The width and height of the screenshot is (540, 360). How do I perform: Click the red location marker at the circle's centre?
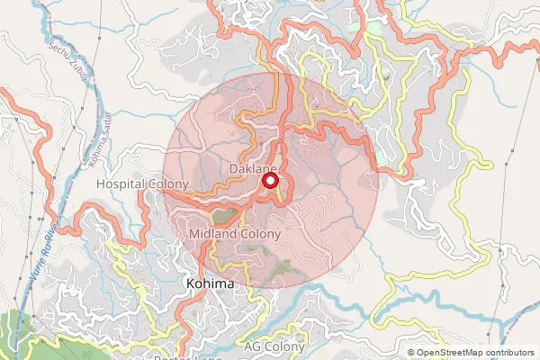[x=269, y=181]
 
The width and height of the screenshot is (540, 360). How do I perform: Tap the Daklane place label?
[x=254, y=169]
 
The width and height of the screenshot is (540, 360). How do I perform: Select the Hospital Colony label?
[x=142, y=184]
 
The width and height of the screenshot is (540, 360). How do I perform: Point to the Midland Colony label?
[x=236, y=234]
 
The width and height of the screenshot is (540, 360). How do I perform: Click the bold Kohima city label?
[x=209, y=283]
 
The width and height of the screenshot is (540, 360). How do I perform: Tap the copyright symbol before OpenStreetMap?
[x=411, y=353]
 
